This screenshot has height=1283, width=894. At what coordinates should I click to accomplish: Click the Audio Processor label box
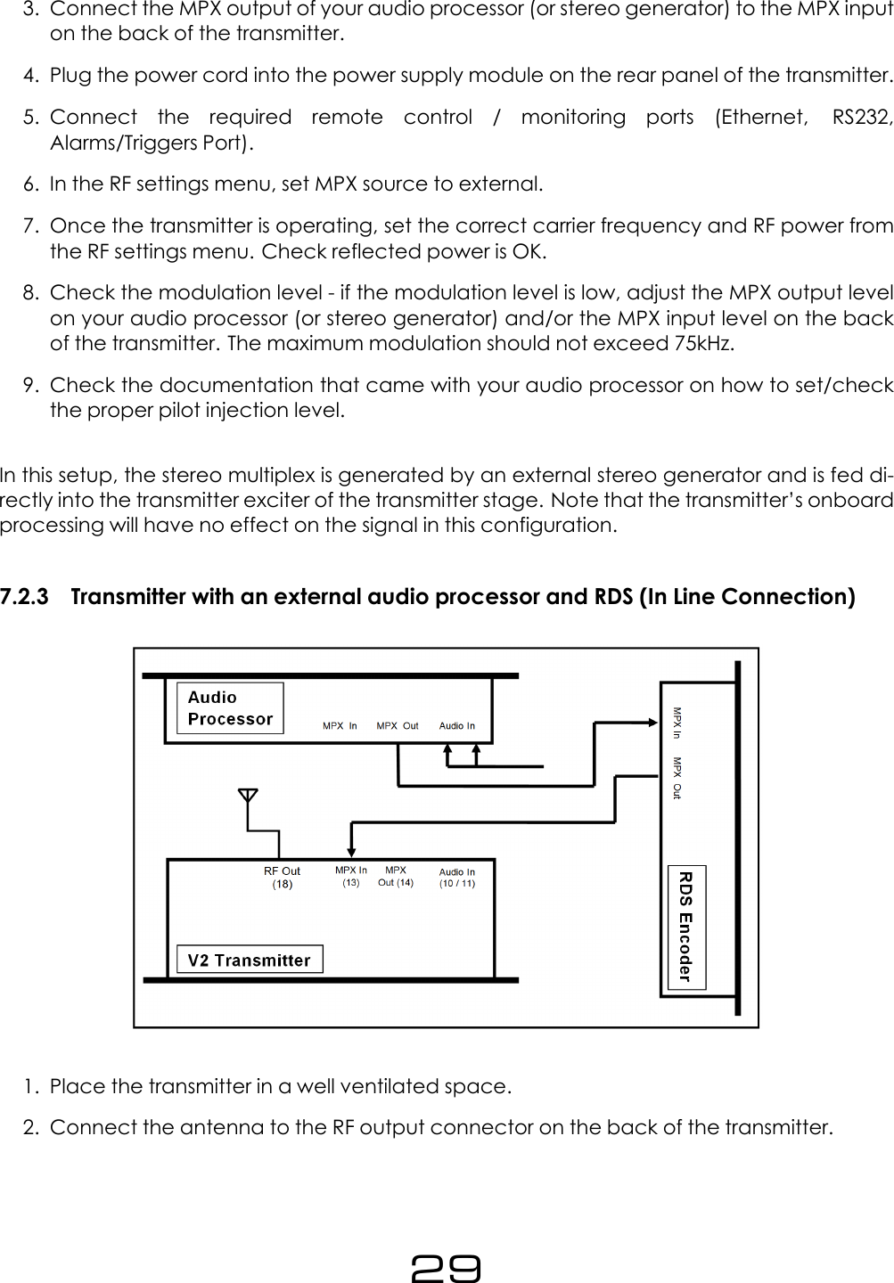230,708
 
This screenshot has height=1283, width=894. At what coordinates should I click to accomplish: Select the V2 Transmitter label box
250,960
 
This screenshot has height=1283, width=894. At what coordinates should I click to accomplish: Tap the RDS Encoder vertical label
685,927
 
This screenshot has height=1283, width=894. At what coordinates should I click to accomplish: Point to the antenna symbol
248,796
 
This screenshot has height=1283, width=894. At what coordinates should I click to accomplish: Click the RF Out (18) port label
282,878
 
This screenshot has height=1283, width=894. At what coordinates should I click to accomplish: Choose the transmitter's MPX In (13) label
351,877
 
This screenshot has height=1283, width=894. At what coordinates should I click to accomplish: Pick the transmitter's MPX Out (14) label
396,877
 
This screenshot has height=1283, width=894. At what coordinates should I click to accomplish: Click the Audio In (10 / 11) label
457,878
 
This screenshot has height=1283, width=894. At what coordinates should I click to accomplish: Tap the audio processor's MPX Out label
398,726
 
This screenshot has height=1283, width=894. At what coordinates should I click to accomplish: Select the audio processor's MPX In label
340,726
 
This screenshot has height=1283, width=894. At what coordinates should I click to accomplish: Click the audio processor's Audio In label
457,726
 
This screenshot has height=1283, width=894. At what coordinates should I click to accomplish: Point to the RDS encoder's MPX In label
677,723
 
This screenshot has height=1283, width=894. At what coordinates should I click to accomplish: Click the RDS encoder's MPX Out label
677,778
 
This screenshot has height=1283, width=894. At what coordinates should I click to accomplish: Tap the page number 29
446,1267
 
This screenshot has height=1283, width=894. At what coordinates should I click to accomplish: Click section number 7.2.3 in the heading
24,597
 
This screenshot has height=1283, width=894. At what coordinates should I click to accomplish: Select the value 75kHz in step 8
703,344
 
